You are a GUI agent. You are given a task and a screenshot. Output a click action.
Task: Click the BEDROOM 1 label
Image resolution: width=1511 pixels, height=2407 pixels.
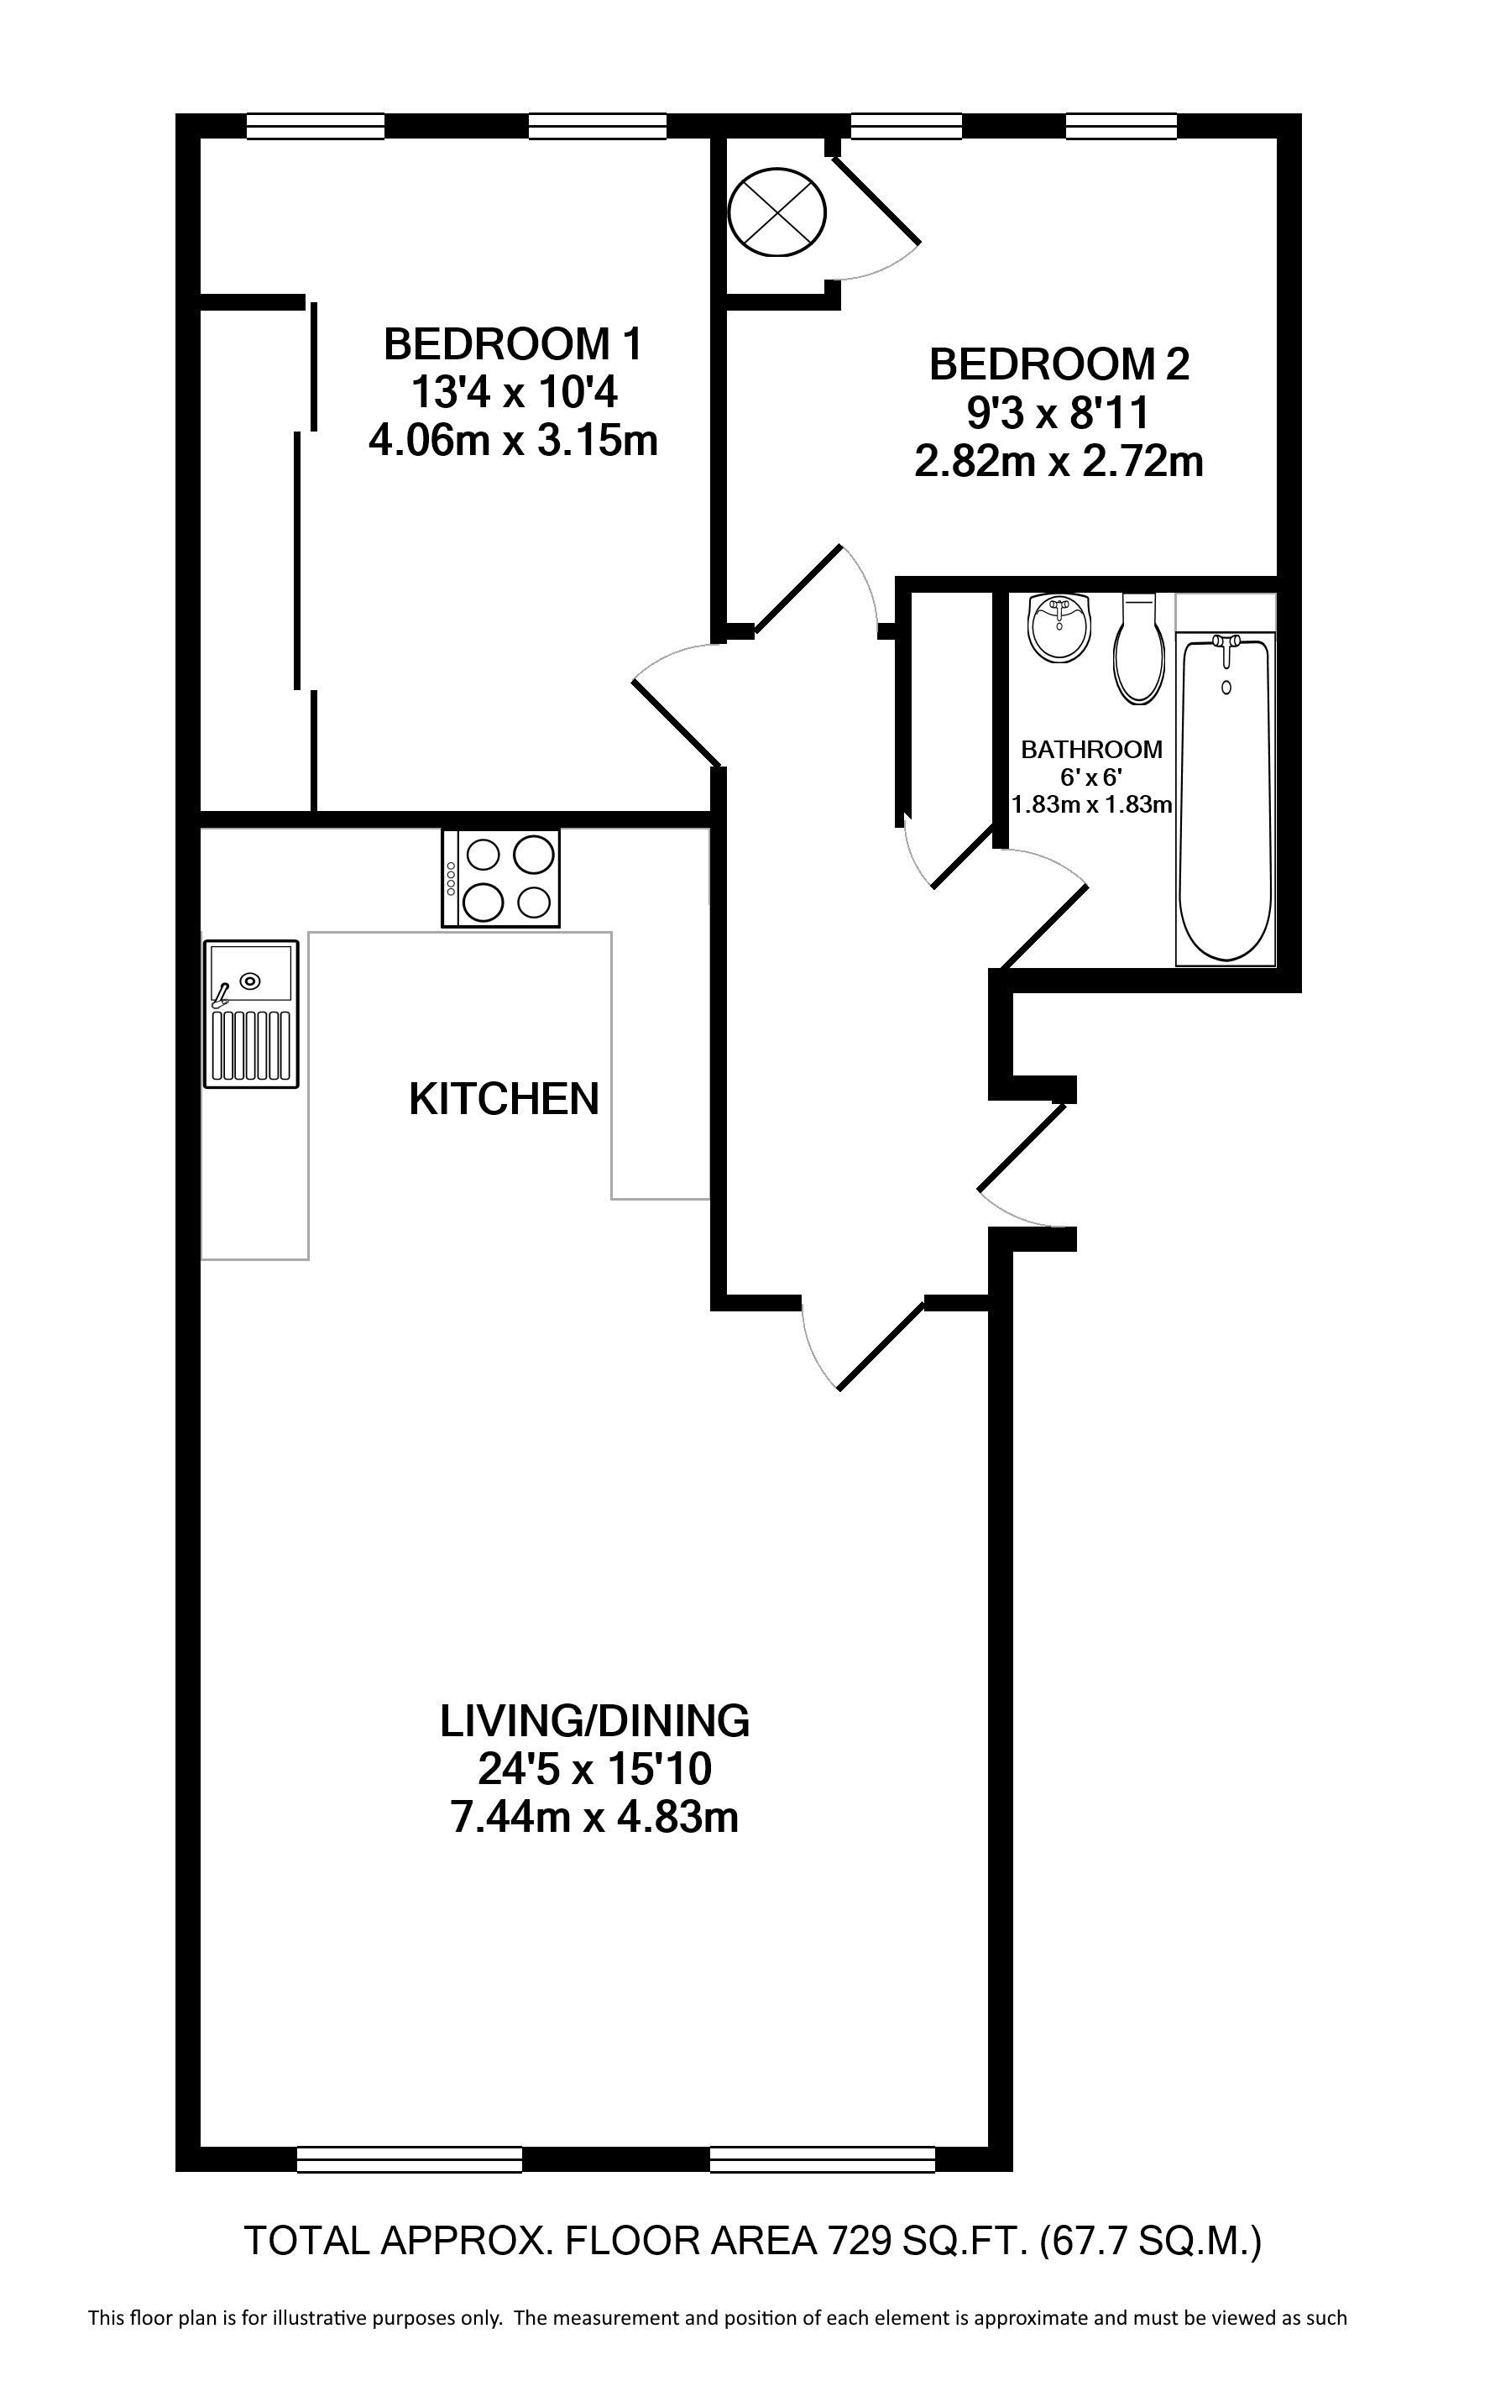pyautogui.click(x=513, y=345)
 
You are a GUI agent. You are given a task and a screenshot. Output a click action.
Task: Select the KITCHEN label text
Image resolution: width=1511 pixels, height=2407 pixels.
pyautogui.click(x=504, y=1099)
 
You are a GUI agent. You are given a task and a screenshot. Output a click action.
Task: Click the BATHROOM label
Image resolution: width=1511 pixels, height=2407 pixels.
pyautogui.click(x=1091, y=750)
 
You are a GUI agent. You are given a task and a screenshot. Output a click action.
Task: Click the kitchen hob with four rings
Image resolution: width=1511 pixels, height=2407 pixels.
pyautogui.click(x=500, y=878)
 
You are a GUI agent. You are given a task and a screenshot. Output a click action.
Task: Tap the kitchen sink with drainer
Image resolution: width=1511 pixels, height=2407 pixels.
pyautogui.click(x=251, y=1013)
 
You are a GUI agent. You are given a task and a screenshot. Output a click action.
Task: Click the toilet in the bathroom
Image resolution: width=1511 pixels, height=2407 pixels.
pyautogui.click(x=1139, y=650)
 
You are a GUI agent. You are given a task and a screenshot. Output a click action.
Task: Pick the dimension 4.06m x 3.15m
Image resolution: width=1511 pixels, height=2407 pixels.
pyautogui.click(x=513, y=440)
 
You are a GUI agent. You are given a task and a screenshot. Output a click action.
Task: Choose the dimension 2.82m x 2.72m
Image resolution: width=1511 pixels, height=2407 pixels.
pyautogui.click(x=1059, y=462)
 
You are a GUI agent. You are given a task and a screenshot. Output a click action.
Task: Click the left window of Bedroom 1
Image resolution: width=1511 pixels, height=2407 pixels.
pyautogui.click(x=316, y=126)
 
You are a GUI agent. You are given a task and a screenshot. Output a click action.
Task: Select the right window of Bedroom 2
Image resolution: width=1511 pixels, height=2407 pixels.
pyautogui.click(x=1121, y=126)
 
